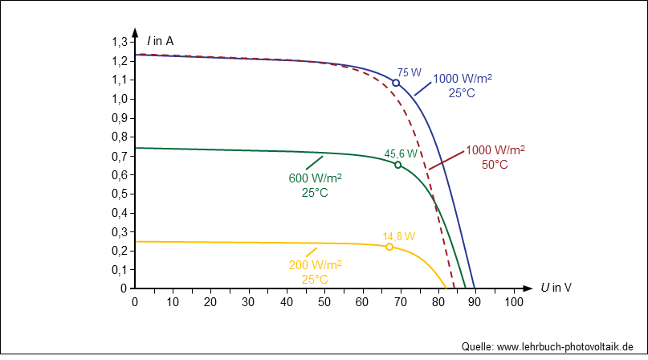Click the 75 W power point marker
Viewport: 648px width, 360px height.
[396, 83]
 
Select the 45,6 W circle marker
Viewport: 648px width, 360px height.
[397, 165]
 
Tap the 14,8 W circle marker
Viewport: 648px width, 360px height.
[389, 247]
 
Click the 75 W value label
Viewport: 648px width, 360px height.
[410, 72]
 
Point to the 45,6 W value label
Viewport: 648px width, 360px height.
[401, 153]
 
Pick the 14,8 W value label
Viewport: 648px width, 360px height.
[399, 236]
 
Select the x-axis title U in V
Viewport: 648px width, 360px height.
[556, 288]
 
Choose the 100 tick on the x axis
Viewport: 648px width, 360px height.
[513, 301]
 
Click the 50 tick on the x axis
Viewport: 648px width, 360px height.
[324, 301]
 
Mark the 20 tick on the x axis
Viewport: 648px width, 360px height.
[210, 301]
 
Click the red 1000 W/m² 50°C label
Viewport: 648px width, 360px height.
[495, 157]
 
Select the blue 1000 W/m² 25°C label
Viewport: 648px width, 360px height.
[462, 85]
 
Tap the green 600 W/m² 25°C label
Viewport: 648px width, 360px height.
[315, 185]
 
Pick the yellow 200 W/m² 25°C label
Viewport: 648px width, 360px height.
[315, 272]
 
